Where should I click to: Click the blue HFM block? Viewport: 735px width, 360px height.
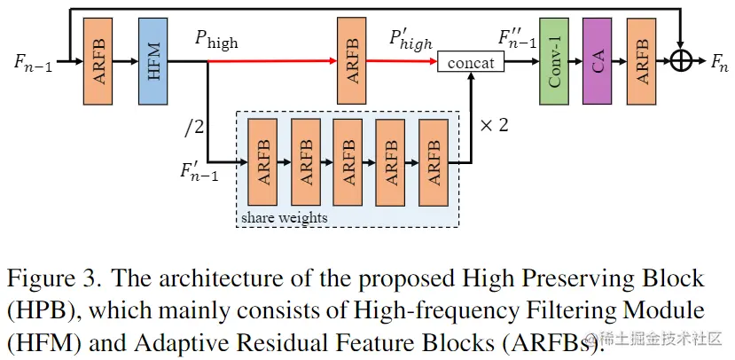154,62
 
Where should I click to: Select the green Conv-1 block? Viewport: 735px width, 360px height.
555,62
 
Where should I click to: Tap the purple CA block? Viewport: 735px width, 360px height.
597,62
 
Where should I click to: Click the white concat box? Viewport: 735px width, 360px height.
469,62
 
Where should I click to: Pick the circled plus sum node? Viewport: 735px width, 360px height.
681,61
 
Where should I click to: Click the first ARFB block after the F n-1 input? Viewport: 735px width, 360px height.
98,62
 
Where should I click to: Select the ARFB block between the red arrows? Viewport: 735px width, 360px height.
351,62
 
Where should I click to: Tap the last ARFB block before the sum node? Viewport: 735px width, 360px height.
639,62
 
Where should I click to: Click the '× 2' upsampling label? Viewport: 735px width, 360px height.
493,125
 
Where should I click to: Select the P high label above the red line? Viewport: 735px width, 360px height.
216,40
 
